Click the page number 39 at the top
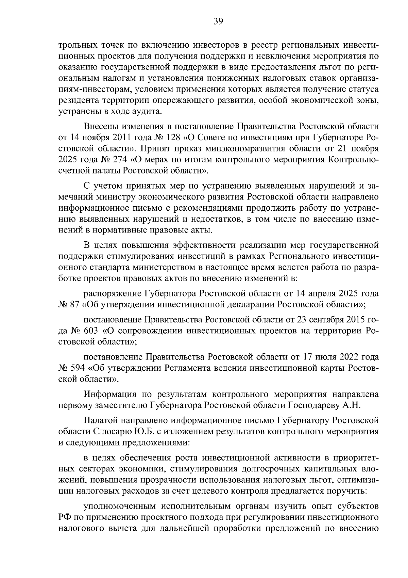tap(218, 22)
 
